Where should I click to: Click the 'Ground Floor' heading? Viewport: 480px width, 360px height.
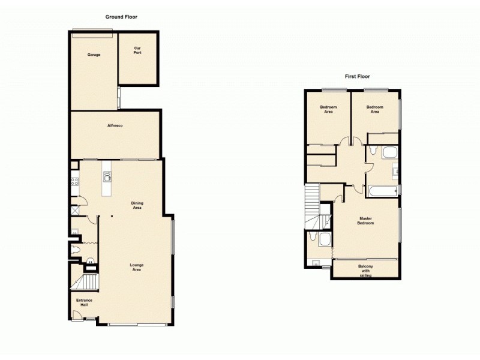tap(121, 17)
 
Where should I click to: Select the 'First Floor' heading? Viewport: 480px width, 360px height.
tap(357, 76)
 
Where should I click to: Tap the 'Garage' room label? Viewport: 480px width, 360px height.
tap(94, 55)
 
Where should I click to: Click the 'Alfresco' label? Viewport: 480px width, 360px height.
tap(115, 125)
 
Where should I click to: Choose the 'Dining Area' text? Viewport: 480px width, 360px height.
tap(137, 205)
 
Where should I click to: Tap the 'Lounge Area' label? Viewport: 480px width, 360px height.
tap(137, 267)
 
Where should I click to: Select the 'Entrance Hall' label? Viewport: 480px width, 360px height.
tap(83, 302)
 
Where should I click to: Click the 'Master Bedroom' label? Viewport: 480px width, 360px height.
tap(366, 220)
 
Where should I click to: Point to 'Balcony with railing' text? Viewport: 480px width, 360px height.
tap(365, 271)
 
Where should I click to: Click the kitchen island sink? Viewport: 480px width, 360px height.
tap(108, 176)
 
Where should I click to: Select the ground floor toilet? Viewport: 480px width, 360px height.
tap(76, 250)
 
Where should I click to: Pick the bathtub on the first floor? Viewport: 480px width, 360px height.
tap(382, 192)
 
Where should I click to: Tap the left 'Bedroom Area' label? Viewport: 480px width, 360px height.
tap(328, 109)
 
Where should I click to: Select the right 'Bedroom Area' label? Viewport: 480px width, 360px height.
tap(374, 109)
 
